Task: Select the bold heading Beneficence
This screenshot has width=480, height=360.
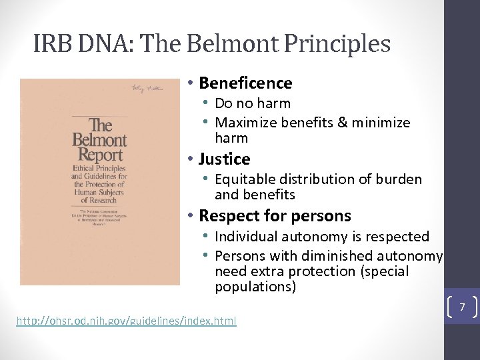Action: (245, 83)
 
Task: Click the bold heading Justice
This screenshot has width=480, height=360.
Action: (224, 159)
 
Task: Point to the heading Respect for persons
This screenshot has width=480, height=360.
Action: (275, 215)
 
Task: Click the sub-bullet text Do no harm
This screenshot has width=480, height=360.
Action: (253, 103)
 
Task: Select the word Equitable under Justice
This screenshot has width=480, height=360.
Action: (244, 179)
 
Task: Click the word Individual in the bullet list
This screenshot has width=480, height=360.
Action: (247, 237)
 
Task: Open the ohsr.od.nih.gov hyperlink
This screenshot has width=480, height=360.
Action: (126, 321)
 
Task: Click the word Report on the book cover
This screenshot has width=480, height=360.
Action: (99, 156)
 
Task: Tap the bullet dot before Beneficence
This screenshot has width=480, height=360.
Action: (190, 83)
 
